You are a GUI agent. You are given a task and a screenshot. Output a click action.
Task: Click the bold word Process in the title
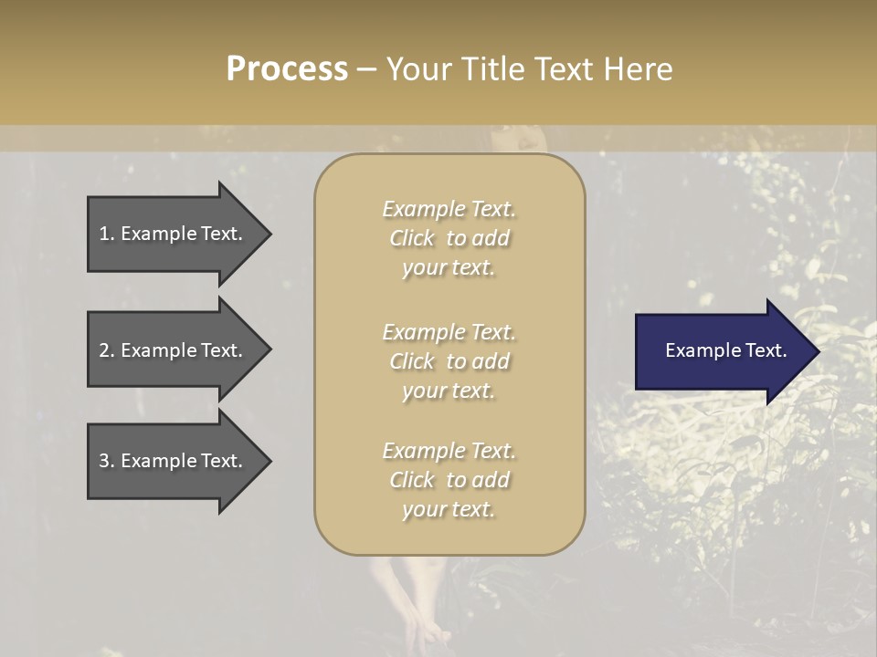(x=287, y=69)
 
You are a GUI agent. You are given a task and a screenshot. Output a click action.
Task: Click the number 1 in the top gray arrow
(x=104, y=234)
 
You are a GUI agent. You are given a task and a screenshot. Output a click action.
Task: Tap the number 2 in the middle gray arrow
(x=104, y=350)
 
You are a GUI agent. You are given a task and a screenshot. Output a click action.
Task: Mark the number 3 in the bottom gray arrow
(x=104, y=461)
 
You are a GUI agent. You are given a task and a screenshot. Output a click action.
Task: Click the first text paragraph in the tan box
(x=449, y=238)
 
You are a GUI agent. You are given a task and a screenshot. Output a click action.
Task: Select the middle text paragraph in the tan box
(x=449, y=361)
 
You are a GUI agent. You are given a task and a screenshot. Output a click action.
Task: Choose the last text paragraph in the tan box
(x=449, y=480)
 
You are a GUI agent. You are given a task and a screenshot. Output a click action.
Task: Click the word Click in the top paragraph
(x=412, y=238)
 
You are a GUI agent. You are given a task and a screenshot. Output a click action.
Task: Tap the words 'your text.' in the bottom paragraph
(x=449, y=509)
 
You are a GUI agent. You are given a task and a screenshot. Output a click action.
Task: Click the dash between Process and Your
(x=366, y=70)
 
